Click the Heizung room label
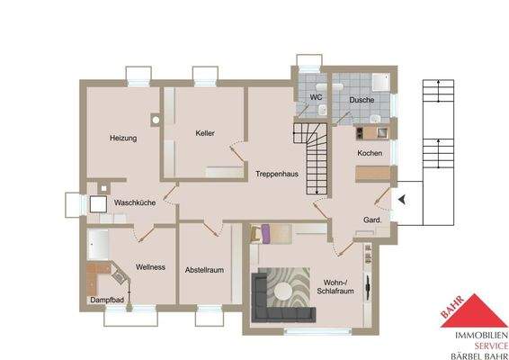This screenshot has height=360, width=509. point(123,139)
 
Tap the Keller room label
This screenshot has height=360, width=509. point(205,133)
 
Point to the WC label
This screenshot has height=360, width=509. point(317,97)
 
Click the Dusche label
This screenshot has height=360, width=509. point(362,100)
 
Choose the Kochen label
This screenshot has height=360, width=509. point(370,154)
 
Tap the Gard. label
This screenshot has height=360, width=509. point(373,220)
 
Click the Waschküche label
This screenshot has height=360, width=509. point(135,203)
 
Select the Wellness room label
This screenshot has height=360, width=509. point(150,267)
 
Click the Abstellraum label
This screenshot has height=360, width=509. point(204,269)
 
